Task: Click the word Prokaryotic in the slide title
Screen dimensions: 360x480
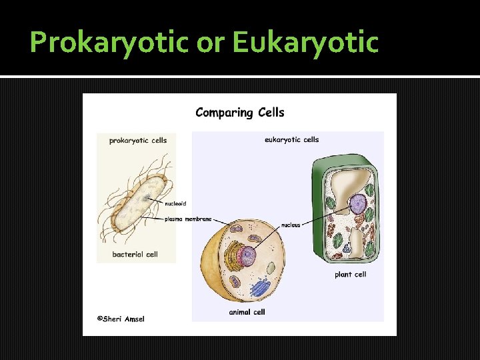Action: click(x=109, y=43)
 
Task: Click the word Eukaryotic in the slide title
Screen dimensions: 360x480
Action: click(x=305, y=43)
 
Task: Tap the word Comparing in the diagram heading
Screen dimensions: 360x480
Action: click(x=223, y=112)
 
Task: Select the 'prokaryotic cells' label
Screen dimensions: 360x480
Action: click(x=137, y=140)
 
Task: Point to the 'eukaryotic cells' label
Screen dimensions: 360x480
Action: click(x=291, y=140)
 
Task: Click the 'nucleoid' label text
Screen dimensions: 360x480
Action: click(x=176, y=204)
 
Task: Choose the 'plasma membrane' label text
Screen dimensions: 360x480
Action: click(x=189, y=219)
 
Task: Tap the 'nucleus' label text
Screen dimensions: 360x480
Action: click(x=291, y=225)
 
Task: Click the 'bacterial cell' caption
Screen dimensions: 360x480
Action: click(x=135, y=254)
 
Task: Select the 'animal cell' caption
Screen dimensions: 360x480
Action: click(x=247, y=311)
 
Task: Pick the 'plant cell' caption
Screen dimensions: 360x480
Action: click(x=350, y=274)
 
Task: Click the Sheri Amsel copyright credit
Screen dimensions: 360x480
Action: click(x=121, y=319)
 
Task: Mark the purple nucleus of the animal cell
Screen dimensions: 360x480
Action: click(x=248, y=255)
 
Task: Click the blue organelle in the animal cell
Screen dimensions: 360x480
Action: click(x=259, y=287)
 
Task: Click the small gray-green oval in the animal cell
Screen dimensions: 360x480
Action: click(x=271, y=268)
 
